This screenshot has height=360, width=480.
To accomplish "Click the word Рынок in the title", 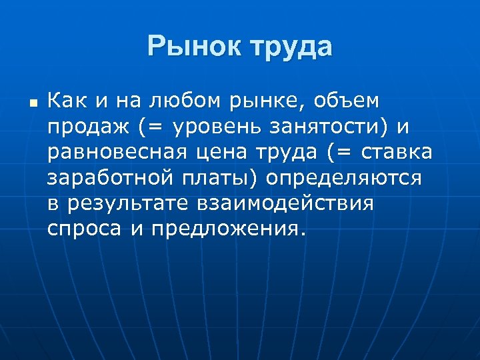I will (193, 47).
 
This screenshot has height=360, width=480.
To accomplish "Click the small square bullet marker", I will (31, 103).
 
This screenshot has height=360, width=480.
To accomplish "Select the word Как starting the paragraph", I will (65, 101).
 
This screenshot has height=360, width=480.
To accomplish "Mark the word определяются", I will (343, 179).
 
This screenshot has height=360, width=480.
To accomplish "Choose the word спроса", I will (84, 229).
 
